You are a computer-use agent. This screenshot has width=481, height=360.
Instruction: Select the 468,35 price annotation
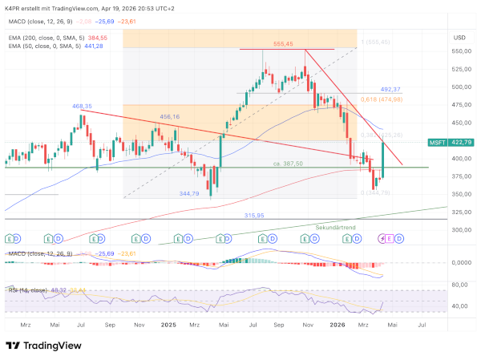click(82, 106)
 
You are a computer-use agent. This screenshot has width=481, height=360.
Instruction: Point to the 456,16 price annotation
click(169, 117)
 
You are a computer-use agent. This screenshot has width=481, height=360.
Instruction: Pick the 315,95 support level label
click(254, 215)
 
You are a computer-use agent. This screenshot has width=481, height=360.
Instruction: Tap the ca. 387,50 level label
click(286, 164)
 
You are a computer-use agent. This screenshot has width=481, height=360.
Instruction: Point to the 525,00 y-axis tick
click(460, 69)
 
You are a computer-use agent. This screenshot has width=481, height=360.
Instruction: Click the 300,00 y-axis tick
click(460, 230)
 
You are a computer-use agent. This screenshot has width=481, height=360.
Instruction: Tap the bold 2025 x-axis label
click(168, 325)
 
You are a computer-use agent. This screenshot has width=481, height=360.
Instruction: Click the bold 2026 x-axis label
click(337, 325)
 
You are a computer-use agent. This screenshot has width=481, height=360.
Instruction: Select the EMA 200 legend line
click(55, 37)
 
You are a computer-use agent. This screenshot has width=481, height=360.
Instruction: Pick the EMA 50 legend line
click(53, 46)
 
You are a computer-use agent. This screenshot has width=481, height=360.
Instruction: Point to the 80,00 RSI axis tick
click(460, 285)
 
